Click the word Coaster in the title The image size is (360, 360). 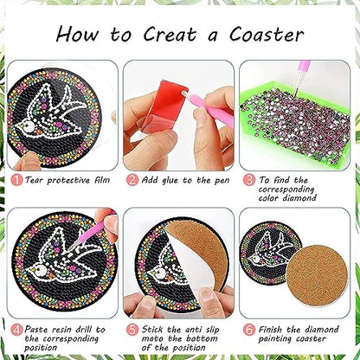pyautogui.click(x=263, y=35)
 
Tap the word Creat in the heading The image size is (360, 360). pyautogui.click(x=161, y=35)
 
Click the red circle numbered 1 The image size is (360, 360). pyautogui.click(x=16, y=179)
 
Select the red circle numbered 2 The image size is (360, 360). pyautogui.click(x=132, y=179)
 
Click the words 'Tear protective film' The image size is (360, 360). pyautogui.click(x=67, y=179)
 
